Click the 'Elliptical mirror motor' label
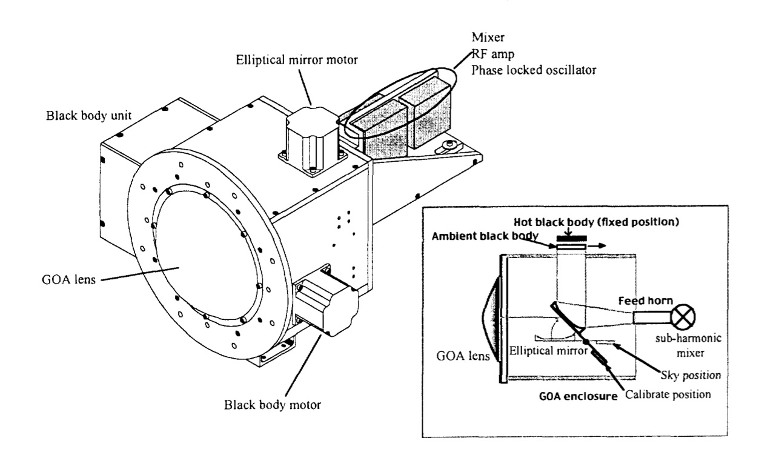tap(297, 60)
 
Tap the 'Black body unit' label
tap(88, 116)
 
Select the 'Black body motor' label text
tap(272, 405)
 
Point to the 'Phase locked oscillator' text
tap(534, 70)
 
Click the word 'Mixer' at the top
tap(488, 38)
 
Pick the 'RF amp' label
tap(493, 54)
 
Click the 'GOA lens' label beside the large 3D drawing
tap(68, 279)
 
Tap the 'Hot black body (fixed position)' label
tap(596, 222)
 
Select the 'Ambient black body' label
tap(485, 236)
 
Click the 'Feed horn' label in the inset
tap(646, 300)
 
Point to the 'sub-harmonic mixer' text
tap(688, 345)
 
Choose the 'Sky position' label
tap(691, 375)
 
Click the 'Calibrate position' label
tap(668, 394)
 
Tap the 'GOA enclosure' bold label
tap(578, 396)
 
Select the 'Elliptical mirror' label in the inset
tap(548, 351)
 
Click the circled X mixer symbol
tap(683, 317)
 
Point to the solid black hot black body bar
tap(571, 238)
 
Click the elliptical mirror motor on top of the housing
tap(313, 141)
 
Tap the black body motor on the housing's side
tap(327, 300)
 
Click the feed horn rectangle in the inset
tap(652, 317)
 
